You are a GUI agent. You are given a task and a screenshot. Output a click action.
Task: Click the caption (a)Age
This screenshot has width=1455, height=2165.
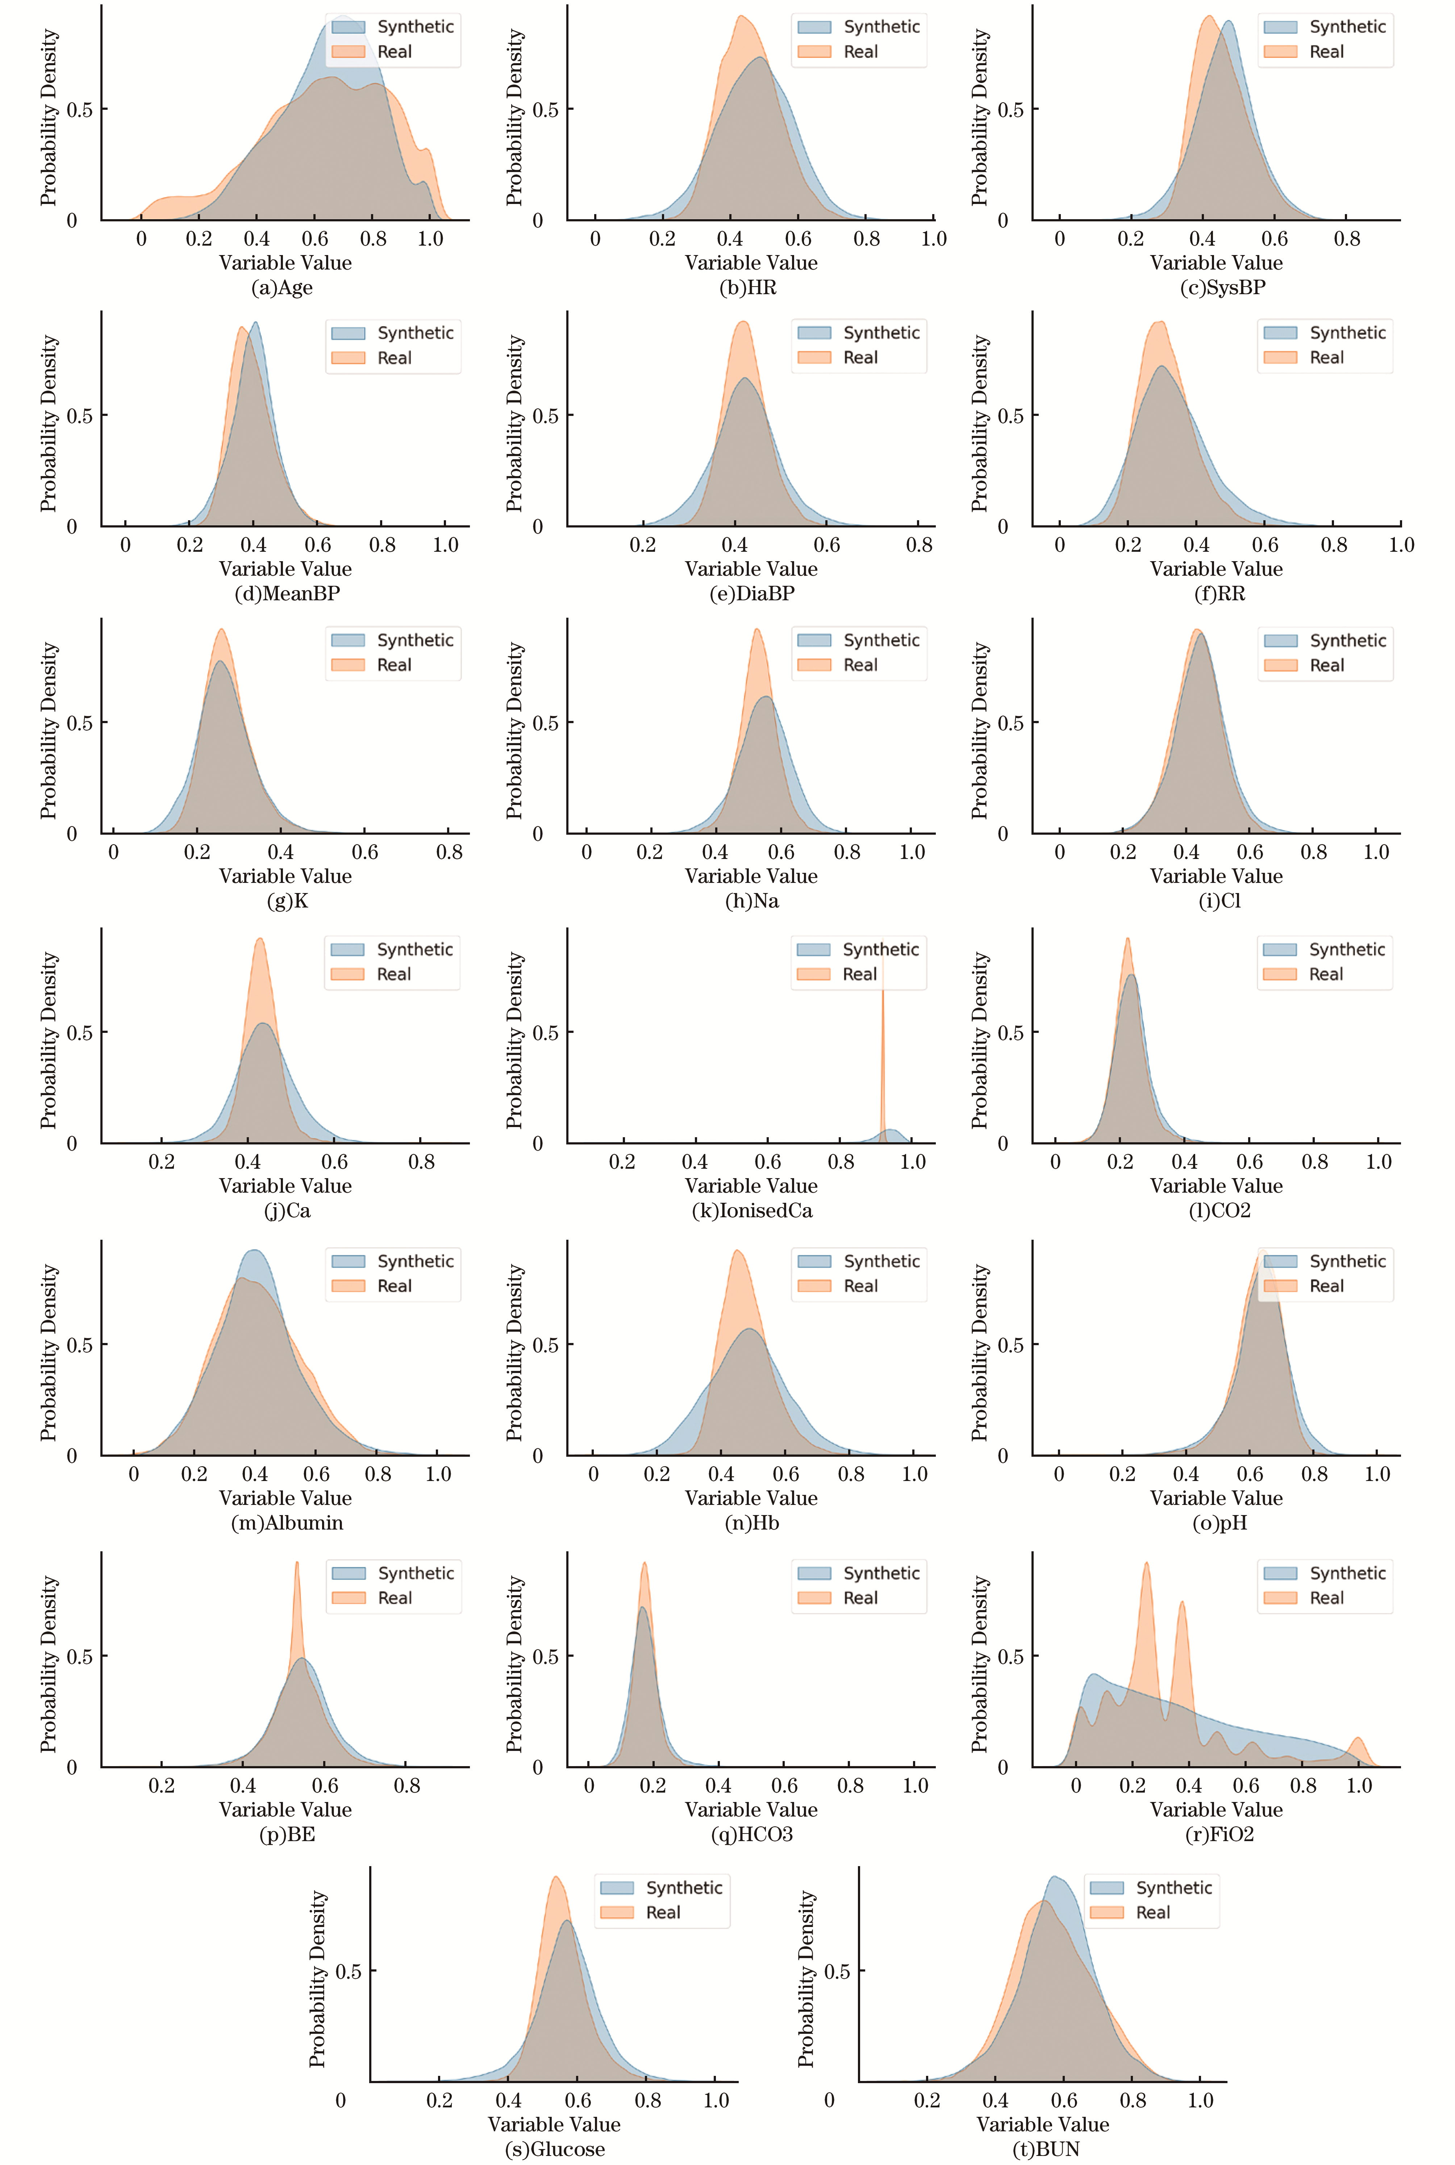click(x=282, y=288)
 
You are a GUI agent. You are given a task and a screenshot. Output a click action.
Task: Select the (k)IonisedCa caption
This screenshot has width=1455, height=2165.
click(x=752, y=1210)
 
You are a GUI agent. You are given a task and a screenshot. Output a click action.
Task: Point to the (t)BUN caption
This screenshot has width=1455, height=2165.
click(x=1045, y=2149)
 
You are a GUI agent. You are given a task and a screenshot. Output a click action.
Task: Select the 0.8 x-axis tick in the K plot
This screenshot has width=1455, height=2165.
click(x=449, y=852)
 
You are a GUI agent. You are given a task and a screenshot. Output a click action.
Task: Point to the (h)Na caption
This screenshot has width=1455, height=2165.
click(x=752, y=901)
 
